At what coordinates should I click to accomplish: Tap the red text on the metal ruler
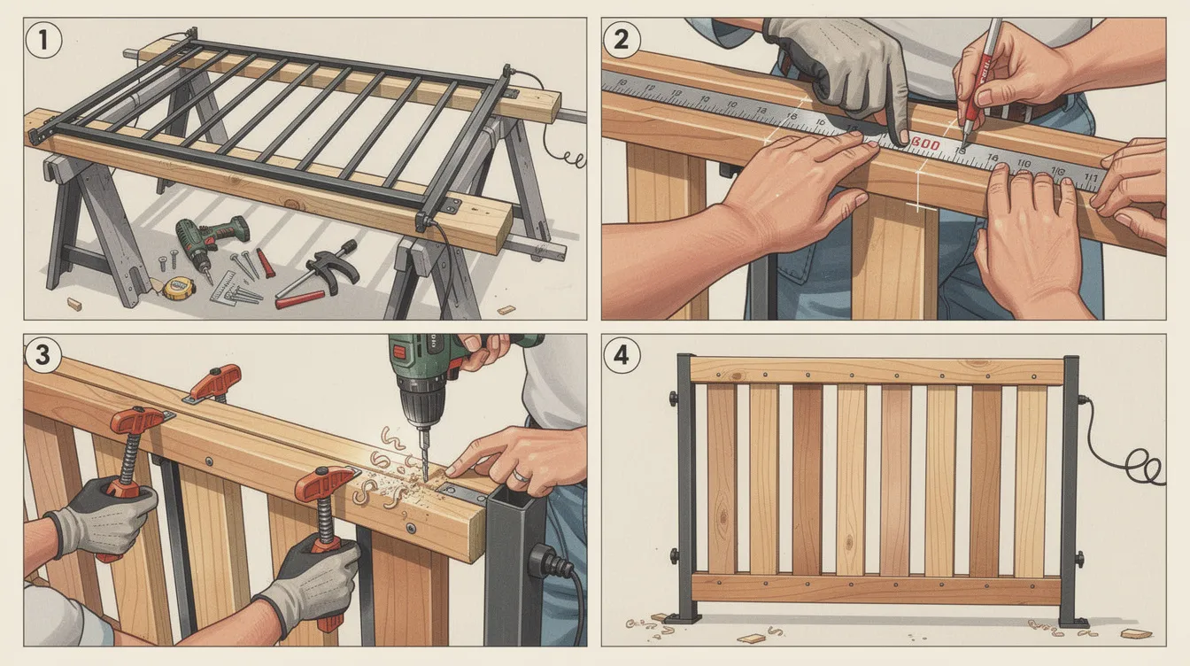tap(925, 143)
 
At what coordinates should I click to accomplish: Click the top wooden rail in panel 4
tap(877, 370)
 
